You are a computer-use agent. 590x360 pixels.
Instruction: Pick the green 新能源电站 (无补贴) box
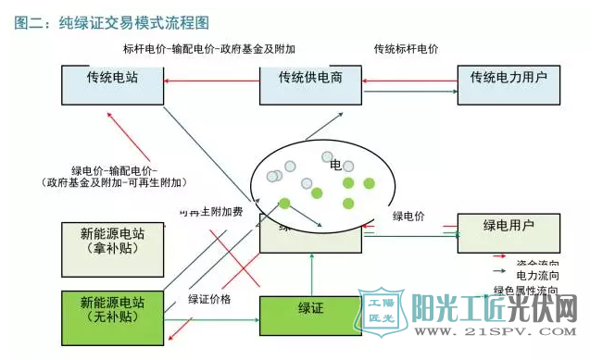(112, 310)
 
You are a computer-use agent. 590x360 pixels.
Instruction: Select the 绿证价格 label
(210, 299)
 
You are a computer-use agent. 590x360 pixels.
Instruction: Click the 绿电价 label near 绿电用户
(408, 217)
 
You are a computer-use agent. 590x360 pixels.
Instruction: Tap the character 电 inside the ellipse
(335, 165)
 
